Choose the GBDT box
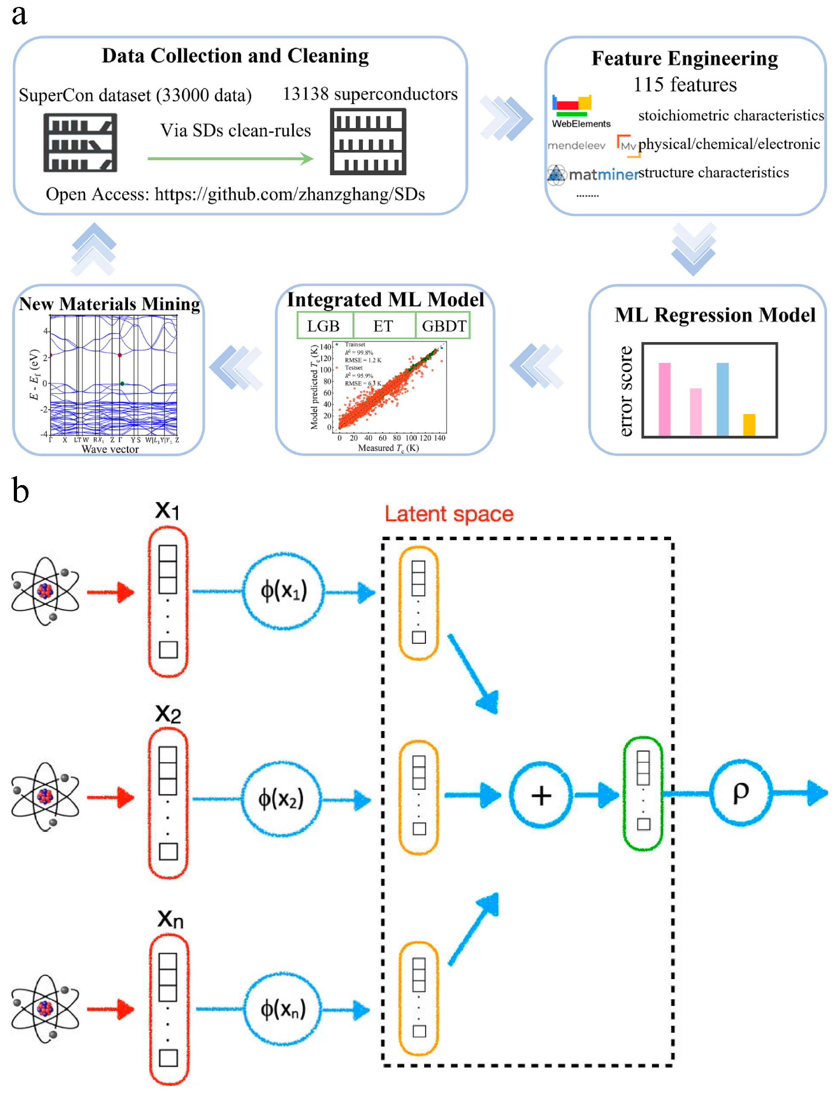[444, 326]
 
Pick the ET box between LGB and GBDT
[384, 326]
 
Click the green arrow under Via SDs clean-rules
[230, 159]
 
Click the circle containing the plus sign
[540, 795]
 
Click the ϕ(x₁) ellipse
[283, 591]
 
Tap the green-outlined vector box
[643, 793]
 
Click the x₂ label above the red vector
[168, 713]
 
